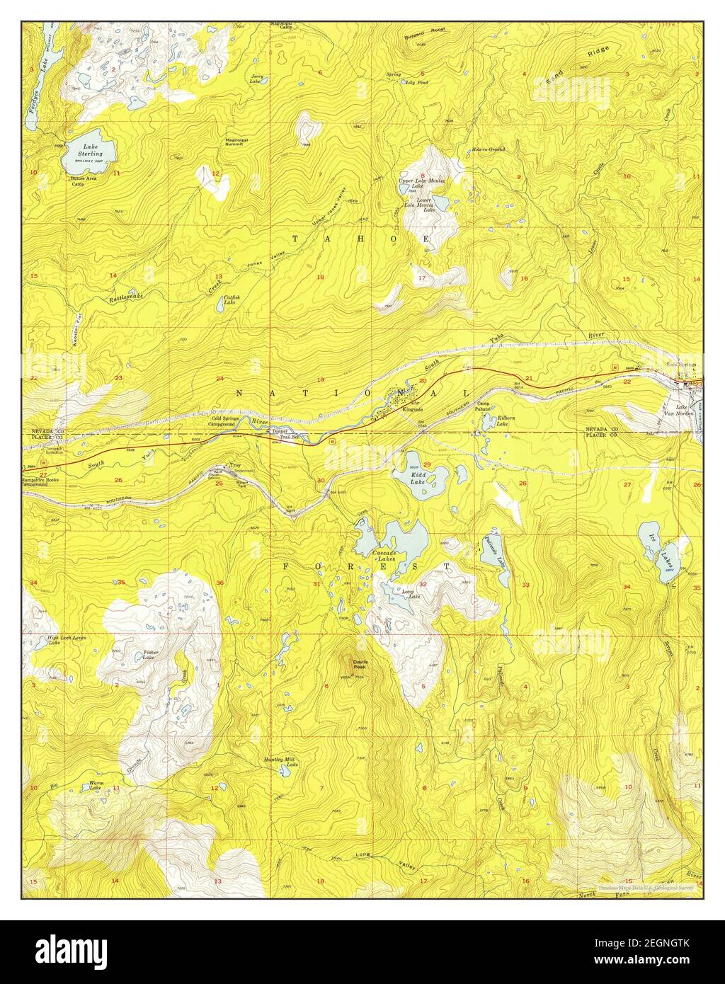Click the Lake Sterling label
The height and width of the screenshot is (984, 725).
[91, 150]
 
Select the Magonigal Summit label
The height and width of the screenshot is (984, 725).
[236, 142]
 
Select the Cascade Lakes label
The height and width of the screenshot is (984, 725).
[386, 554]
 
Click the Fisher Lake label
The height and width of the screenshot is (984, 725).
[150, 655]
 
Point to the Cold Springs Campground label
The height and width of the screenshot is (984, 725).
[225, 423]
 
